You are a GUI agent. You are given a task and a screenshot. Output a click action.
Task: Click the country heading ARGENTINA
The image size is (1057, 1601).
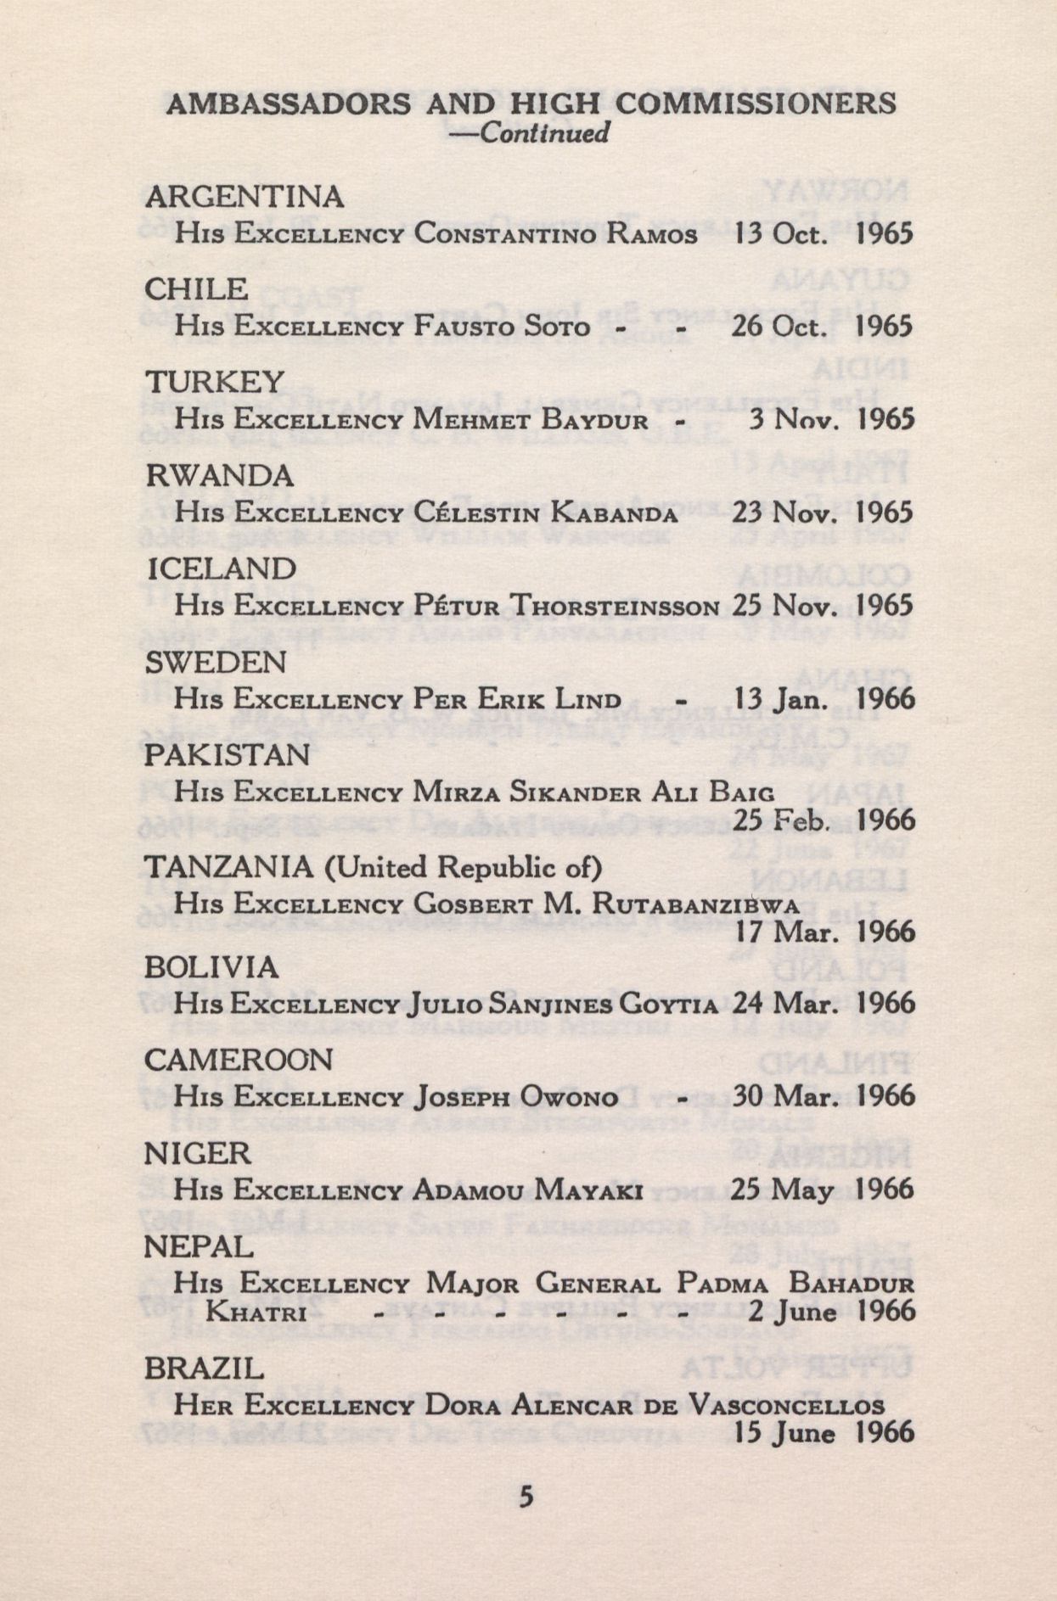pos(245,197)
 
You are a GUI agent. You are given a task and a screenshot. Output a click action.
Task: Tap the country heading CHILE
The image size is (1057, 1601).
pos(196,289)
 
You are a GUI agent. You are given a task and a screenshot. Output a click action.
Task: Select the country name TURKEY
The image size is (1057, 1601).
pos(215,382)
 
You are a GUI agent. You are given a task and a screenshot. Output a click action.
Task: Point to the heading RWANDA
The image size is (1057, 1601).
pos(220,475)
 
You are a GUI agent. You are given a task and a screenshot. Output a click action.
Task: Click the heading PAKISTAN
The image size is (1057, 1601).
pos(227,754)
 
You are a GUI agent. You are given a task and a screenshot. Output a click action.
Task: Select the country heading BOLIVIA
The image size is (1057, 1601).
pos(211,967)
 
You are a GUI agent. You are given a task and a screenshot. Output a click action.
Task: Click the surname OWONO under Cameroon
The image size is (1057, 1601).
pos(570,1098)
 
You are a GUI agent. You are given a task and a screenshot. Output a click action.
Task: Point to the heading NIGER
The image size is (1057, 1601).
pos(198,1153)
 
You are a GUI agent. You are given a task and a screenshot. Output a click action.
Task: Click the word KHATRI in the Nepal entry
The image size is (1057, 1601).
pos(256,1313)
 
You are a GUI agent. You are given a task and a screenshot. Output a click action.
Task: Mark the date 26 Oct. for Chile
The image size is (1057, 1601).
pos(779,327)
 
